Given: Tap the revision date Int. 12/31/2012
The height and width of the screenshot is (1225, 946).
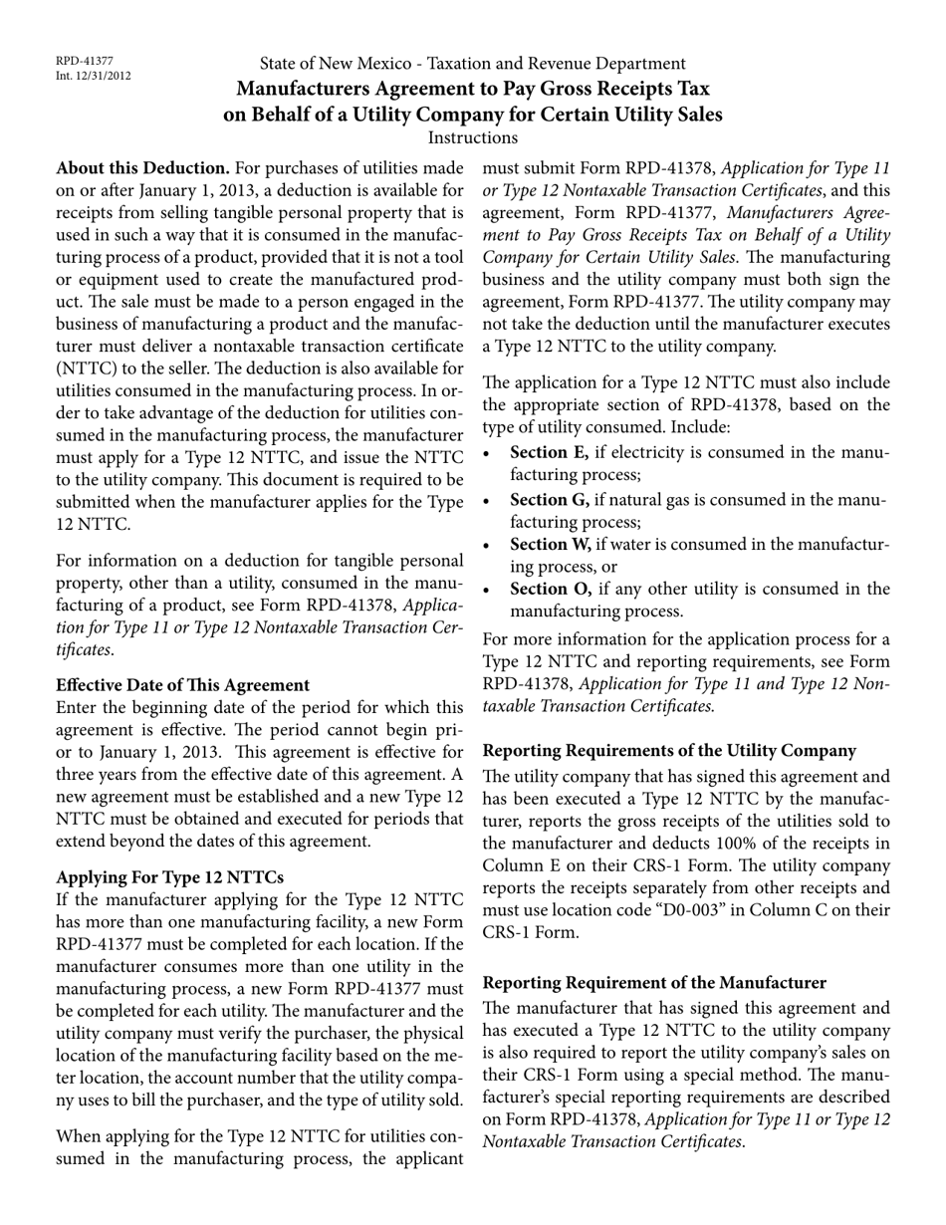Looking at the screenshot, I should [x=94, y=75].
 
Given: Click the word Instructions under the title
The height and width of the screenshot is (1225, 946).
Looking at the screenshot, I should [x=472, y=137].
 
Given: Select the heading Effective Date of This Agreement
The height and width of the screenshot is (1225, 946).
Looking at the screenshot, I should [x=183, y=684].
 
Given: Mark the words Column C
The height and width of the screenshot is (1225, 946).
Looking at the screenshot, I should [x=791, y=911].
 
